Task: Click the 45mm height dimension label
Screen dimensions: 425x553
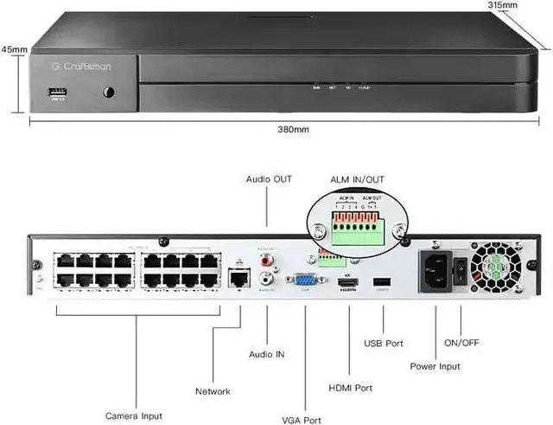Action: tap(13, 48)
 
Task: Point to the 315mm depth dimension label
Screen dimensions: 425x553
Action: tap(503, 5)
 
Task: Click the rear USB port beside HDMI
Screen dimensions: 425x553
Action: tap(382, 282)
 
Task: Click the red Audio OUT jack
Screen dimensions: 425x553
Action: tap(268, 258)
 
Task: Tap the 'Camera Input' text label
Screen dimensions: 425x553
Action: tap(134, 416)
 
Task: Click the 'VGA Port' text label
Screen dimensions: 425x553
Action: tap(302, 420)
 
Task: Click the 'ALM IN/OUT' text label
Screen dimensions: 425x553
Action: tap(356, 179)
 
